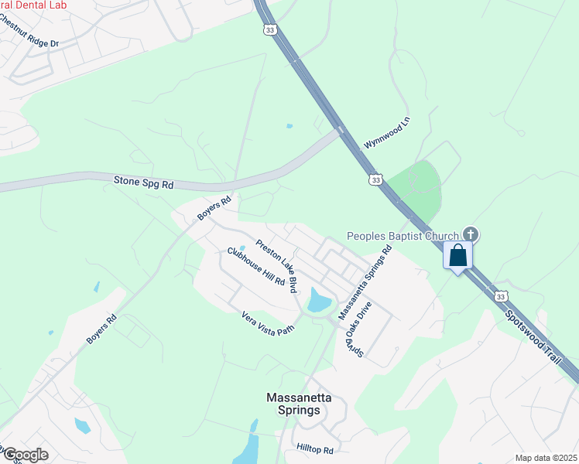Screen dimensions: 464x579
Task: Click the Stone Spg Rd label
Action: (144, 183)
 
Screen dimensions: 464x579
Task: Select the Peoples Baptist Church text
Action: (402, 235)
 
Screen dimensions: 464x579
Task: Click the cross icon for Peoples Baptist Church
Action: (470, 234)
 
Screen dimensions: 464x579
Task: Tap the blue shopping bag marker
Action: (457, 255)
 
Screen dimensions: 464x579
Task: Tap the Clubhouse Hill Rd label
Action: (256, 267)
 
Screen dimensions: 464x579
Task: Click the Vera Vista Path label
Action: (269, 323)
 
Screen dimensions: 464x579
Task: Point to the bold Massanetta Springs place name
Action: (299, 404)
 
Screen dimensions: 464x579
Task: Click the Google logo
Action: (25, 454)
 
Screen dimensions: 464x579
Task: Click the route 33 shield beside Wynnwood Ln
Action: (375, 179)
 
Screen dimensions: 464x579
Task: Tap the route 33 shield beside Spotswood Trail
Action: (502, 296)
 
